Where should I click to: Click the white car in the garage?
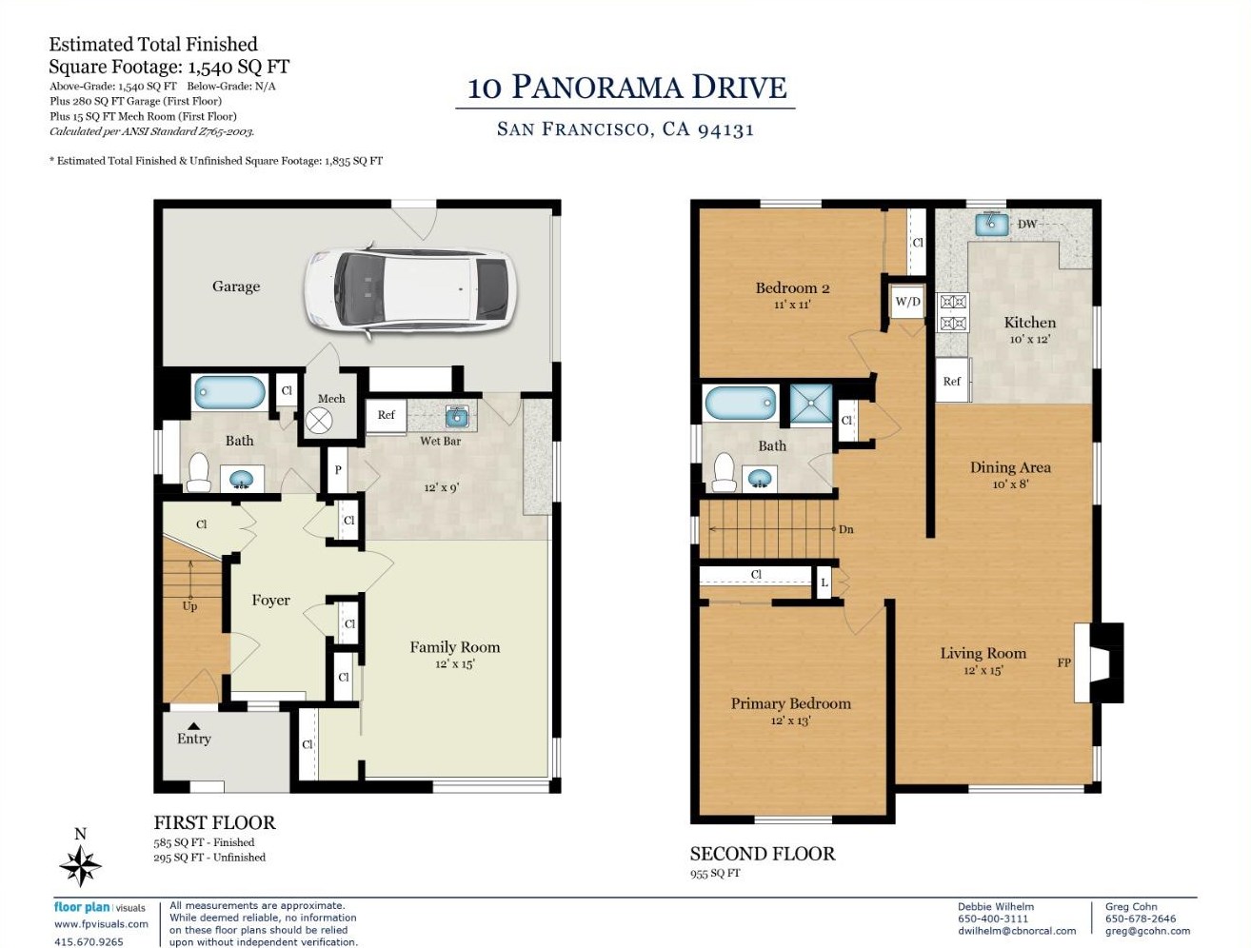click(x=409, y=290)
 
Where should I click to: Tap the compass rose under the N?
click(x=80, y=866)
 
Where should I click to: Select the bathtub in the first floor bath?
click(x=229, y=392)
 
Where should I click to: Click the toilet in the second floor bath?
click(x=725, y=472)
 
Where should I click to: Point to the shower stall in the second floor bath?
click(x=810, y=403)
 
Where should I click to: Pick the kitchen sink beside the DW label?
click(x=991, y=224)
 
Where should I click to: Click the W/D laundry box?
click(x=907, y=302)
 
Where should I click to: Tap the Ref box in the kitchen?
click(x=952, y=381)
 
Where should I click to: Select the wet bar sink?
click(x=457, y=418)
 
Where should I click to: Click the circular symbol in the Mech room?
click(x=319, y=422)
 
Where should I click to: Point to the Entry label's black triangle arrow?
click(x=194, y=726)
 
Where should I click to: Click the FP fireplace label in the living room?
click(x=1063, y=662)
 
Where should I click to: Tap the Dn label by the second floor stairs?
click(x=845, y=529)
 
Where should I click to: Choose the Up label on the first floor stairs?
click(x=189, y=605)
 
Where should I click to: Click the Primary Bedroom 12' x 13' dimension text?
click(x=790, y=721)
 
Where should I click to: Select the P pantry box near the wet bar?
click(x=338, y=470)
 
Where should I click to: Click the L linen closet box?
click(x=824, y=583)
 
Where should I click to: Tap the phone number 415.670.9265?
click(x=89, y=941)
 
